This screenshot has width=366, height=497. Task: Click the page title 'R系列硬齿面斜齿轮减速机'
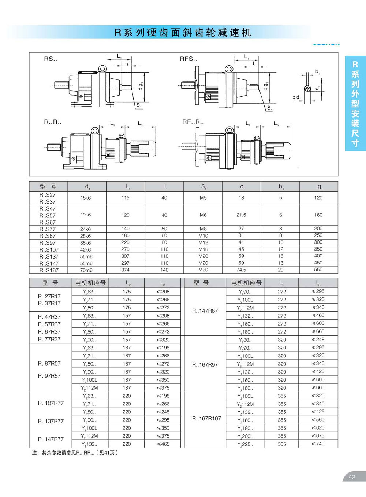(x=183, y=33)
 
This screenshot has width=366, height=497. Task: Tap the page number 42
(x=352, y=477)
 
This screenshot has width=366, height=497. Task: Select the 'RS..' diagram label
(x=51, y=59)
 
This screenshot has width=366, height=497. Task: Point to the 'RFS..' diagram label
(x=188, y=59)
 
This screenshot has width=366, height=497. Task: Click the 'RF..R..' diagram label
(x=193, y=122)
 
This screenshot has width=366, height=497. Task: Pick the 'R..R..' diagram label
(x=53, y=122)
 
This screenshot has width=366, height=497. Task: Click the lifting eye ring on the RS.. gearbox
(x=102, y=68)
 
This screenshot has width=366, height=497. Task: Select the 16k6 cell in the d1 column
(x=86, y=198)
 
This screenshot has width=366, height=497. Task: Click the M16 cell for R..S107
(x=203, y=249)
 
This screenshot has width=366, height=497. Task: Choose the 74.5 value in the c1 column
(x=241, y=270)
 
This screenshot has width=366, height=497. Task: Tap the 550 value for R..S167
(x=318, y=270)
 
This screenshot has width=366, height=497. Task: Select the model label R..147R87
(x=205, y=311)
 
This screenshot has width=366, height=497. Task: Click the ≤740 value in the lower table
(x=318, y=444)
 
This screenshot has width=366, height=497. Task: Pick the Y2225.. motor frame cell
(x=245, y=444)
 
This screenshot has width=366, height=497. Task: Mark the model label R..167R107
(x=206, y=418)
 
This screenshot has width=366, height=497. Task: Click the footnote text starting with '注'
(x=75, y=453)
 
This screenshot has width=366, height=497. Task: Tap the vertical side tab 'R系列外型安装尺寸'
(x=355, y=104)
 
